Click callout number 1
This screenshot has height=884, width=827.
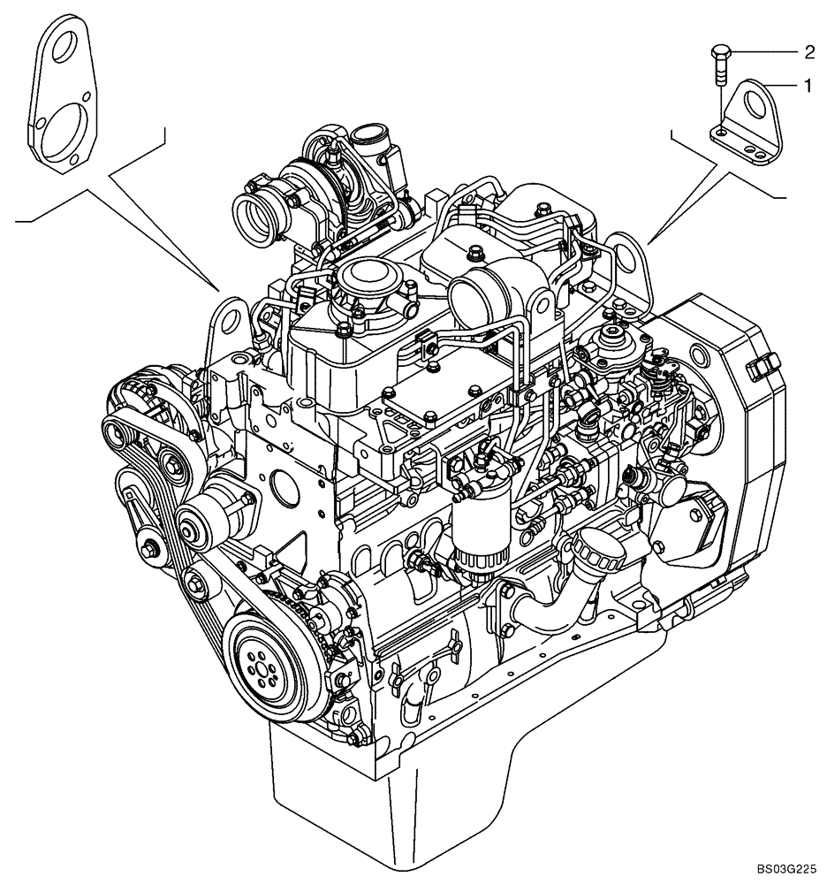(807, 86)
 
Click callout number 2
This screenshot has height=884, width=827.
(808, 52)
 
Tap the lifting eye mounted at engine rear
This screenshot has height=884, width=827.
(628, 256)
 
